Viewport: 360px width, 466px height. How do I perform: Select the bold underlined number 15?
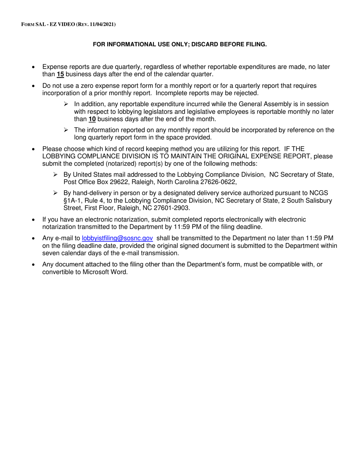(x=60, y=74)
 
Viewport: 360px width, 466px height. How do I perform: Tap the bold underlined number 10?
(x=92, y=119)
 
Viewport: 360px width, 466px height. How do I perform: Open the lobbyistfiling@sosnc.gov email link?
(x=117, y=238)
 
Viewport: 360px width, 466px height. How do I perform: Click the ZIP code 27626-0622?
(x=218, y=182)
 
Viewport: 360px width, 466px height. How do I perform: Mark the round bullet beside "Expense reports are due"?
(x=34, y=67)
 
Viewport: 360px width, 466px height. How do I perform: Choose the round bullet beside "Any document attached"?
(x=34, y=265)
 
